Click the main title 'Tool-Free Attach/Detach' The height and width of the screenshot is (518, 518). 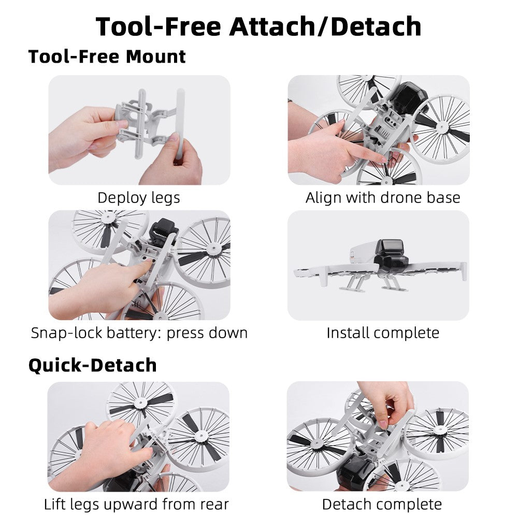click(x=258, y=26)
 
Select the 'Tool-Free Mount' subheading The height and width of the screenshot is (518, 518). click(x=107, y=56)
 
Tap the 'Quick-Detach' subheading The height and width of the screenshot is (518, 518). click(x=93, y=365)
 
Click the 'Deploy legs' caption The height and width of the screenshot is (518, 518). click(x=139, y=198)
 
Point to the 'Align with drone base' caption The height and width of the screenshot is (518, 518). click(x=383, y=197)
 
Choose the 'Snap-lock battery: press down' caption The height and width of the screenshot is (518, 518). click(x=139, y=333)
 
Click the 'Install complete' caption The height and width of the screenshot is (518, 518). click(x=383, y=333)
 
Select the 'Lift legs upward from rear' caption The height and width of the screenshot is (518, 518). click(x=136, y=505)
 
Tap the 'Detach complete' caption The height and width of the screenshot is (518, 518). click(x=382, y=505)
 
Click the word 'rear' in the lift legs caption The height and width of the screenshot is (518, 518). click(x=214, y=505)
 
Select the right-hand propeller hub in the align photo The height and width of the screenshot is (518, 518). click(x=442, y=126)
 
